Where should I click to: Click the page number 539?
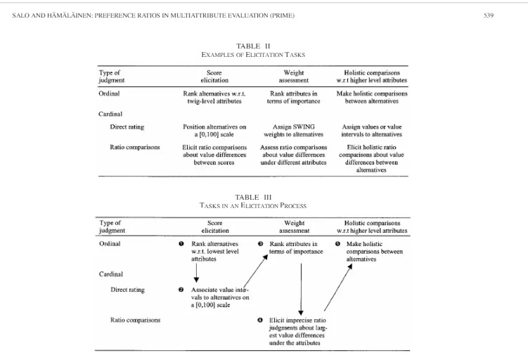pyautogui.click(x=488, y=15)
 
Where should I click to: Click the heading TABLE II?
pyautogui.click(x=253, y=46)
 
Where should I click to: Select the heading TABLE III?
pyautogui.click(x=253, y=198)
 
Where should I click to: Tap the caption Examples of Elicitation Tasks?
pyautogui.click(x=253, y=55)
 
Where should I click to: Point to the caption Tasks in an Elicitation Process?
pyautogui.click(x=253, y=205)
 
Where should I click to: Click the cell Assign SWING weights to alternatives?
pyautogui.click(x=294, y=131)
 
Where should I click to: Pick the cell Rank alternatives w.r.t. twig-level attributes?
pyautogui.click(x=214, y=97)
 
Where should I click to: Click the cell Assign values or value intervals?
pyautogui.click(x=372, y=131)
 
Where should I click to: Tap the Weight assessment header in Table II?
pyautogui.click(x=294, y=77)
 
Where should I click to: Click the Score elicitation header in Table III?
pyautogui.click(x=215, y=227)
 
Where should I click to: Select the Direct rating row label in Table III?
pyautogui.click(x=128, y=290)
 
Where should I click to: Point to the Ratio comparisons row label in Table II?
pyautogui.click(x=135, y=147)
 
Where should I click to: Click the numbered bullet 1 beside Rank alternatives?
pyautogui.click(x=181, y=244)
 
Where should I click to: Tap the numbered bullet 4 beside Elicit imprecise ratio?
pyautogui.click(x=260, y=320)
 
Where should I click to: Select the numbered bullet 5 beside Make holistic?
pyautogui.click(x=337, y=244)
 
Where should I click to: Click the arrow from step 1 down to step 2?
pyautogui.click(x=196, y=273)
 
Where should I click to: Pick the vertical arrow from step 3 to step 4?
pyautogui.click(x=301, y=289)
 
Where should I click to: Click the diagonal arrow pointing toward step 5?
pyautogui.click(x=338, y=288)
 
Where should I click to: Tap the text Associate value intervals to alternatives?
pyautogui.click(x=220, y=297)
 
